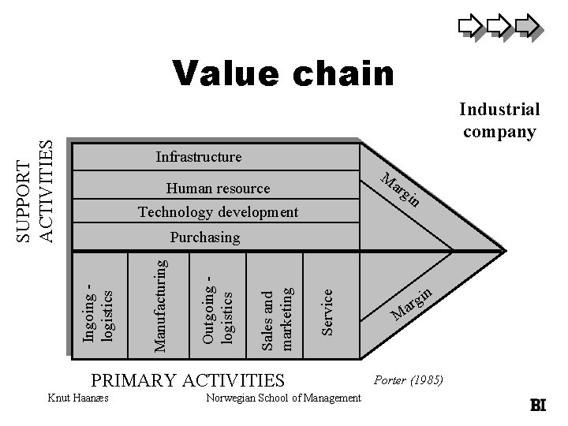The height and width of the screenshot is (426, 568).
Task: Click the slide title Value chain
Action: pos(284,73)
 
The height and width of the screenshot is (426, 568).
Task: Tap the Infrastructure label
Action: pos(199,157)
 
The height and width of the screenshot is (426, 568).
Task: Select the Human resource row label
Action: pos(218,189)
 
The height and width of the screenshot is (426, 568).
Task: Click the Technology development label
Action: pos(218,212)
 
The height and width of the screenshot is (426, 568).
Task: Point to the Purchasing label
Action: pos(205,237)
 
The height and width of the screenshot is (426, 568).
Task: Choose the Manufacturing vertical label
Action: pos(159,300)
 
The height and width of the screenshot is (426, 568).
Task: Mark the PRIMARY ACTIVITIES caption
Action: pos(188,380)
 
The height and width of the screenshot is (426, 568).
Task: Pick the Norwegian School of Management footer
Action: pos(282,398)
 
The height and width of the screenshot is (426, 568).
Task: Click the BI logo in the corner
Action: pos(538,405)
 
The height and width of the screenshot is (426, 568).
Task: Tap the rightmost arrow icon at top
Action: pos(527,27)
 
